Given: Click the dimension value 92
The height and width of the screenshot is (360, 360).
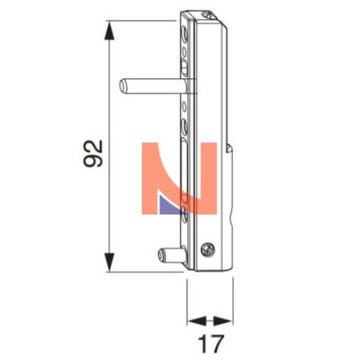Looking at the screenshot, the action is click(93, 153).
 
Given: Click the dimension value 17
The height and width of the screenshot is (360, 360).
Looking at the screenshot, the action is click(211, 344).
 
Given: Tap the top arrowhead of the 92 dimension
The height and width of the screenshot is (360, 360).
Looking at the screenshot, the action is click(110, 31).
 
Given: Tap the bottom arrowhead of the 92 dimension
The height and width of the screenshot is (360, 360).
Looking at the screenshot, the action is click(110, 262).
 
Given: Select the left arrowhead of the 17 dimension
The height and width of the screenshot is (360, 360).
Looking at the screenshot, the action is click(197, 321).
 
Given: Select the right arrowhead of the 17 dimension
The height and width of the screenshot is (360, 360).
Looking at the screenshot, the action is click(223, 321).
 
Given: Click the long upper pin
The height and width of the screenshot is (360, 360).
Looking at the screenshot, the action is click(153, 86).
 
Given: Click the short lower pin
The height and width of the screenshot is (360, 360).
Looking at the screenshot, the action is click(172, 255).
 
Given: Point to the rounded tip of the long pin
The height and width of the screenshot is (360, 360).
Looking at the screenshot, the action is click(122, 86).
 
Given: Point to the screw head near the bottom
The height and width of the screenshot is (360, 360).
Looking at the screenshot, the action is click(208, 249).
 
